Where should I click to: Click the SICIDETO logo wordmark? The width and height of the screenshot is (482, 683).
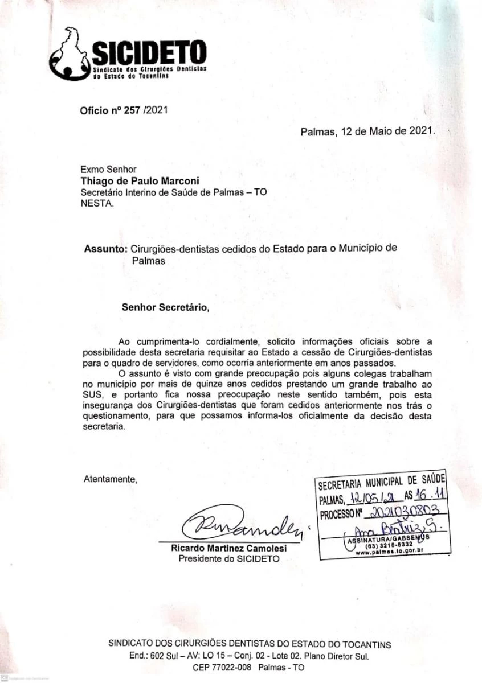click(149, 53)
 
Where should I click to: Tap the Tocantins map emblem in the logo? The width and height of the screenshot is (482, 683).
click(70, 55)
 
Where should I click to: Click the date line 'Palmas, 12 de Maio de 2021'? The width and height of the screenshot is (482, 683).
click(367, 131)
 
